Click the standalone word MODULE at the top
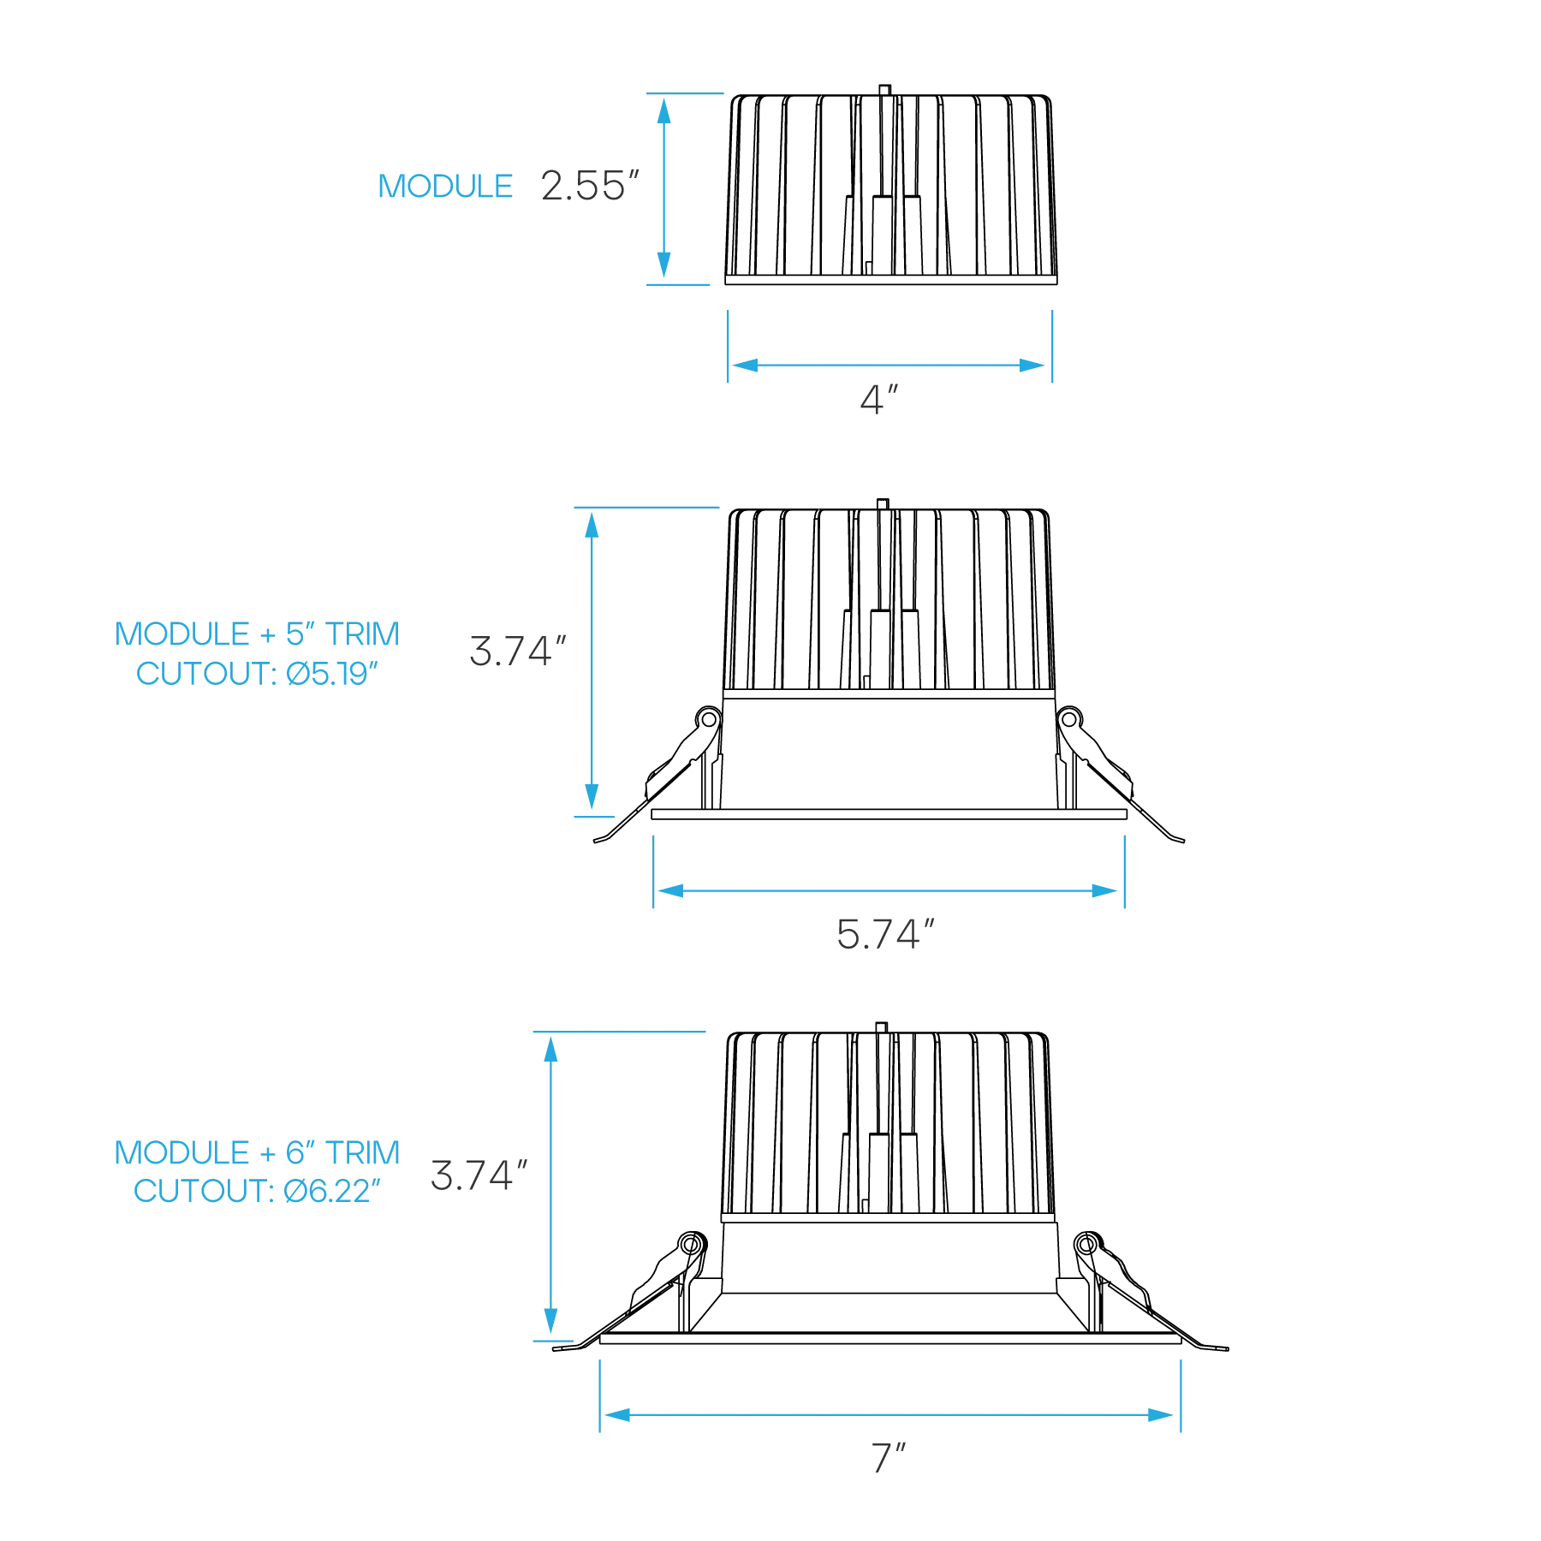point(445,186)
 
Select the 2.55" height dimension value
point(591,186)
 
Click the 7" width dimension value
point(889,1455)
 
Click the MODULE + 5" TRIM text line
point(259,634)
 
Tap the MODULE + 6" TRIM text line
point(257,1151)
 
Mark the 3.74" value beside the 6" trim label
point(477,1174)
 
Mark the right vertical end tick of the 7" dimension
point(1181,1396)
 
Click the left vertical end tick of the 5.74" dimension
point(654,869)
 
